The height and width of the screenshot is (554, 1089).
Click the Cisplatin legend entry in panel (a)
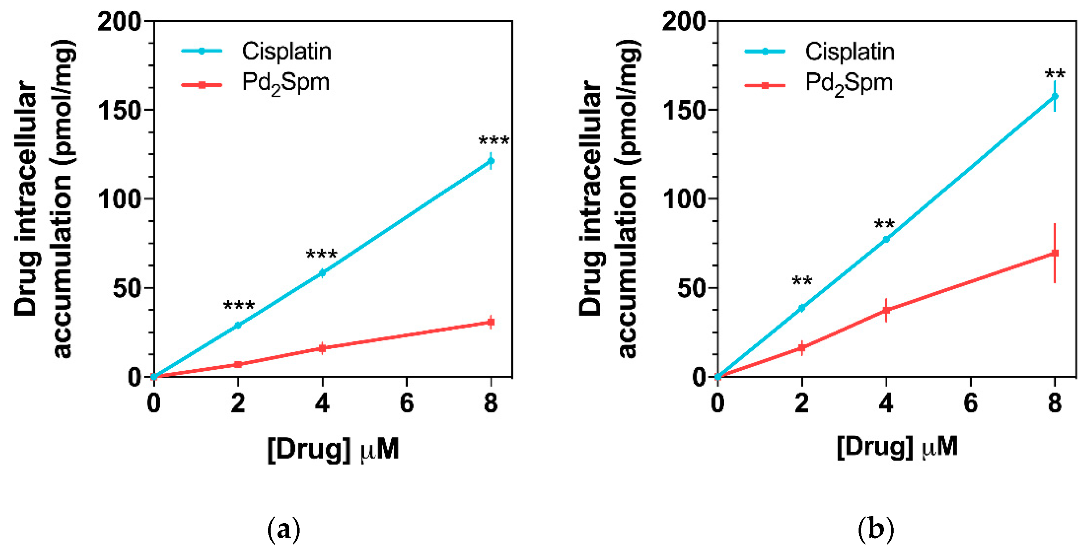286,52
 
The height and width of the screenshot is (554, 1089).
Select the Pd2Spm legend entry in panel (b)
849,83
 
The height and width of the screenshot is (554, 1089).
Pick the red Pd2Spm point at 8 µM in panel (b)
1055,253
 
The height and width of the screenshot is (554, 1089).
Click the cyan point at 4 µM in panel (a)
322,273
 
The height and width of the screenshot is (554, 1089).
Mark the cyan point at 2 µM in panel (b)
801,308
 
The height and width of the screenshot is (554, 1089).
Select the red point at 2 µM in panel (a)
238,364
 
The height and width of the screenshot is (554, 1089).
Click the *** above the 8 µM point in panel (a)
493,140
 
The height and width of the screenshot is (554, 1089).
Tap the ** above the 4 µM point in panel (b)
884,224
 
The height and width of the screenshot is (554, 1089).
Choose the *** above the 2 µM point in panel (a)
239,305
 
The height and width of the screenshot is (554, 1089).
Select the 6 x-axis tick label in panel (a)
407,403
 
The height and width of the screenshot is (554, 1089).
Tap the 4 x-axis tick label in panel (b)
886,403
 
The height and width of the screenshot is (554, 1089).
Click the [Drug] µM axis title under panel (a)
333,449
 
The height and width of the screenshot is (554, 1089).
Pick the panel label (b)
876,529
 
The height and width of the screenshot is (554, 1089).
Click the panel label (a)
284,529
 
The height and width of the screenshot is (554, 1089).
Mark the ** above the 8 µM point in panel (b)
1055,75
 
